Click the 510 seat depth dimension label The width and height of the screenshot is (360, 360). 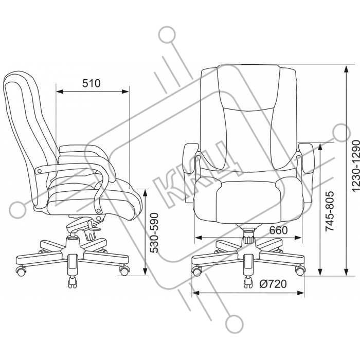click(x=92, y=83)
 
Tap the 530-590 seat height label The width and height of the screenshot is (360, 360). click(x=154, y=233)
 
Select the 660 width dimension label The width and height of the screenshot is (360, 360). click(x=278, y=230)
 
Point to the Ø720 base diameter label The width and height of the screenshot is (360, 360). click(x=273, y=284)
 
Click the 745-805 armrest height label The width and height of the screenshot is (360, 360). click(x=330, y=210)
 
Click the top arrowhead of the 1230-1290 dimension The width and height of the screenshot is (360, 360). click(x=346, y=69)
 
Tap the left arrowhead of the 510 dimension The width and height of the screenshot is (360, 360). click(x=60, y=92)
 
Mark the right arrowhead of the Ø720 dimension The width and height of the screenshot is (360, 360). click(x=300, y=293)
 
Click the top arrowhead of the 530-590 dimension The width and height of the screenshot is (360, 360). click(x=145, y=193)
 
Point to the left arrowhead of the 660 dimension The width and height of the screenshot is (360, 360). click(x=199, y=238)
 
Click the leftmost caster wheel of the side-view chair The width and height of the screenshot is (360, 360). click(x=21, y=271)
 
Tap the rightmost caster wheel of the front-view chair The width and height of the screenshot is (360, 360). click(x=300, y=271)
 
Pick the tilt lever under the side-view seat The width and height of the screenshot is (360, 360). click(x=94, y=227)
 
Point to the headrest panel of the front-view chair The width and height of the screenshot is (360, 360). click(x=249, y=88)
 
